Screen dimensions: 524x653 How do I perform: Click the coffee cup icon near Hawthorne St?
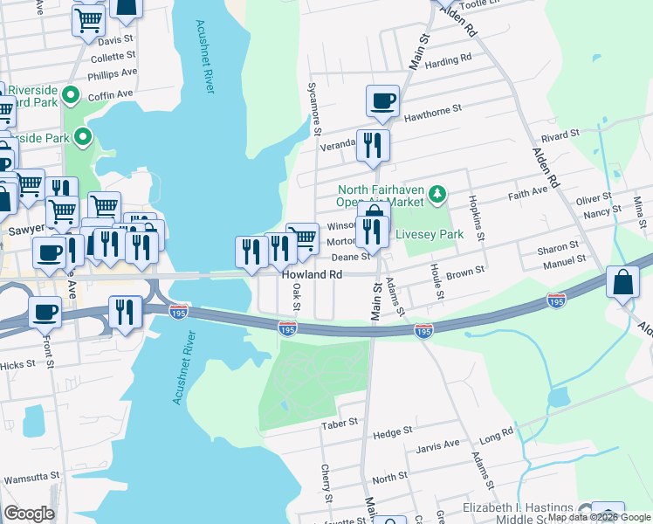click(382, 102)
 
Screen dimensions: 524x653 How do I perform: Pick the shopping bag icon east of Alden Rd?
click(624, 283)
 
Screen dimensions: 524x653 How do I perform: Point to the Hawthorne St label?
click(432, 112)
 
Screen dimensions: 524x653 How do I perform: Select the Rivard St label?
click(560, 134)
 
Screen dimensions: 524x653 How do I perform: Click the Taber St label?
click(340, 422)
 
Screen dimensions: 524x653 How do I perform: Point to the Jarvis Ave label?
click(439, 445)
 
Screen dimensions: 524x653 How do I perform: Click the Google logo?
click(29, 514)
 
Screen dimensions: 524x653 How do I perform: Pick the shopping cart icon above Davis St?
click(87, 19)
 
